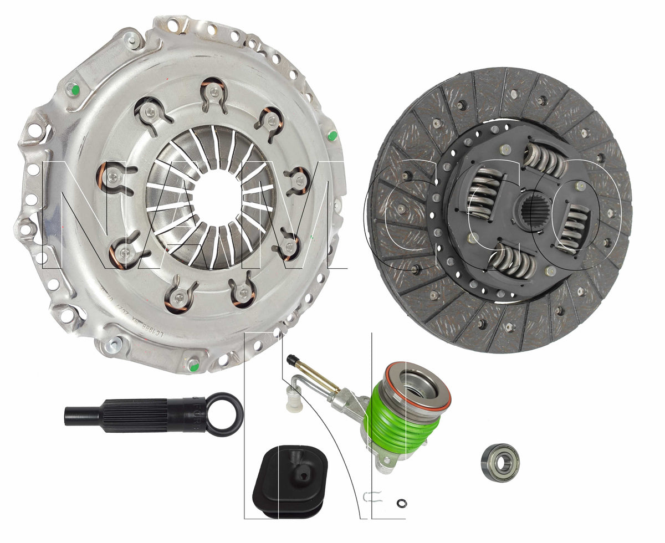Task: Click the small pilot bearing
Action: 499,462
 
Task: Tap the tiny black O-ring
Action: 402,503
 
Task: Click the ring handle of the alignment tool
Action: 224,414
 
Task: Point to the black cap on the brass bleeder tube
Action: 291,360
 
